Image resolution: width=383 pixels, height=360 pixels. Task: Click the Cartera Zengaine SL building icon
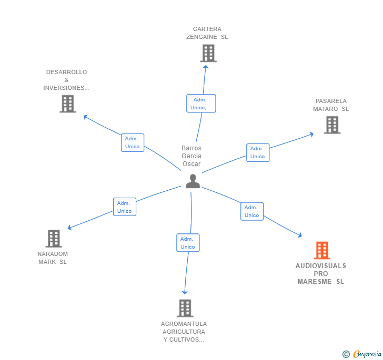[x=208, y=53]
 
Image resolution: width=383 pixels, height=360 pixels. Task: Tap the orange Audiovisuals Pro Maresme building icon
[x=322, y=251]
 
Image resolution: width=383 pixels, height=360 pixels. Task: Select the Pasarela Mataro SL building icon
[x=332, y=125]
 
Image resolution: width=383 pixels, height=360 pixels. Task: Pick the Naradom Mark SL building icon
[x=54, y=239]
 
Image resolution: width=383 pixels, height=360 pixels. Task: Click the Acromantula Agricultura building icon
[x=185, y=308]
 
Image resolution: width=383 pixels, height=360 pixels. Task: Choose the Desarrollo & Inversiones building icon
[x=67, y=104]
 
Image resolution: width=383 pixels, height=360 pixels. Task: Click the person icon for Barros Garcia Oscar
[x=193, y=181]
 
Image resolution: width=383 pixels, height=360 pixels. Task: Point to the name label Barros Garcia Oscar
[x=191, y=156]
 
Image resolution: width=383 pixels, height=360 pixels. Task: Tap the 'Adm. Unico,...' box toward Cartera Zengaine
[x=201, y=104]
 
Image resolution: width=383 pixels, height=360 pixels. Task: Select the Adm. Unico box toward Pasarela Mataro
[x=257, y=152]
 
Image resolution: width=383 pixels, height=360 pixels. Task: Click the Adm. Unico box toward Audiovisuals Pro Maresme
[x=252, y=211]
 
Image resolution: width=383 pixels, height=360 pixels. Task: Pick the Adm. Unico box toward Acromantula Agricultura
[x=188, y=243]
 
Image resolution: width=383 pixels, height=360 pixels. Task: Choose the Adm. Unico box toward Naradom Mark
[x=125, y=207]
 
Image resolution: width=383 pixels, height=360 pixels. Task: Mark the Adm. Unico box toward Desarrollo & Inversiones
[x=132, y=142]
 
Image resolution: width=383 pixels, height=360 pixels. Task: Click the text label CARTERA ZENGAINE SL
[x=207, y=33]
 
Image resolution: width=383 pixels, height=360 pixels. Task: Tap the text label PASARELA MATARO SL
[x=331, y=105]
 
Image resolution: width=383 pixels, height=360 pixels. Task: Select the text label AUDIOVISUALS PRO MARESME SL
[x=321, y=274]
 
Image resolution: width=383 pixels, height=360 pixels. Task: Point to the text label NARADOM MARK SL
[x=53, y=258]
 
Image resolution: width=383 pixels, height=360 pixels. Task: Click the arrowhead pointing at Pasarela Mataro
[x=311, y=133]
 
